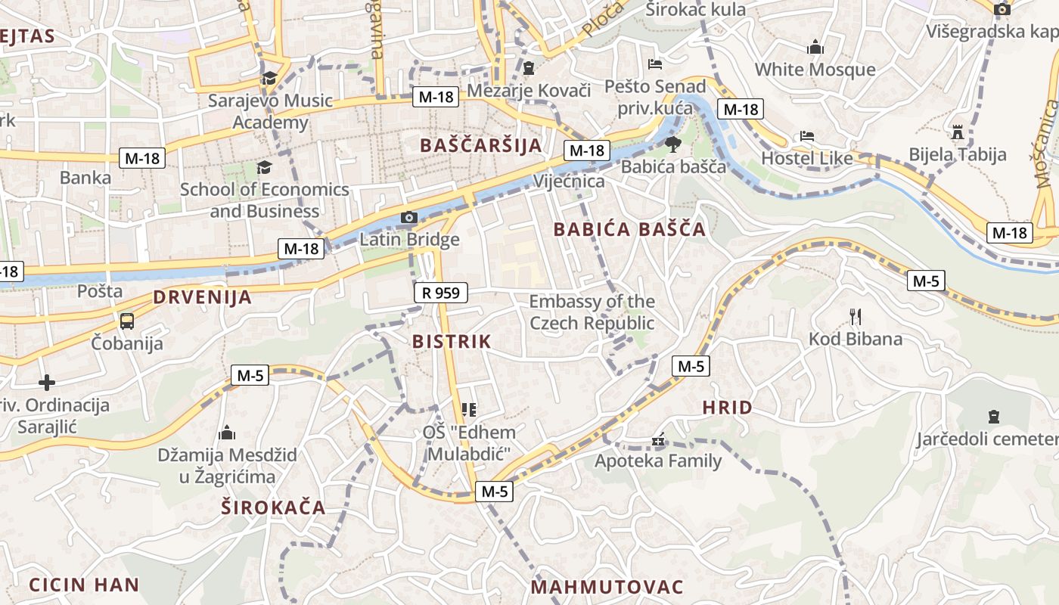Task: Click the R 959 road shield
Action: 441,293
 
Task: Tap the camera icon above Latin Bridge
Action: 408,218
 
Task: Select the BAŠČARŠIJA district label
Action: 481,145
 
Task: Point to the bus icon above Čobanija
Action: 126,321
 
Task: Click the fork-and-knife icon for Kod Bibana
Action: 856,316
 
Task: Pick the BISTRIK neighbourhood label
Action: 452,341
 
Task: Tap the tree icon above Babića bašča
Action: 672,144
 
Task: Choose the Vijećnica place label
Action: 569,181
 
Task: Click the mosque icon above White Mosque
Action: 815,48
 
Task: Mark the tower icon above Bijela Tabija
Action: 958,132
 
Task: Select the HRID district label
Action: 727,408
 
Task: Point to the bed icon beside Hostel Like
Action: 807,137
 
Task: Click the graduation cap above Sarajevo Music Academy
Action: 269,78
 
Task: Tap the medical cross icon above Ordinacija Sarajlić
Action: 47,383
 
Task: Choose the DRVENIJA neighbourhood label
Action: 203,297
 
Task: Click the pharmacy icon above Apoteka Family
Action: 658,439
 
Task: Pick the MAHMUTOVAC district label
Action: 607,587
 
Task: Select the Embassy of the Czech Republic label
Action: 592,312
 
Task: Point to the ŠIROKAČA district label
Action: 273,507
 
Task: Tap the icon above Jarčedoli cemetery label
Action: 993,416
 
